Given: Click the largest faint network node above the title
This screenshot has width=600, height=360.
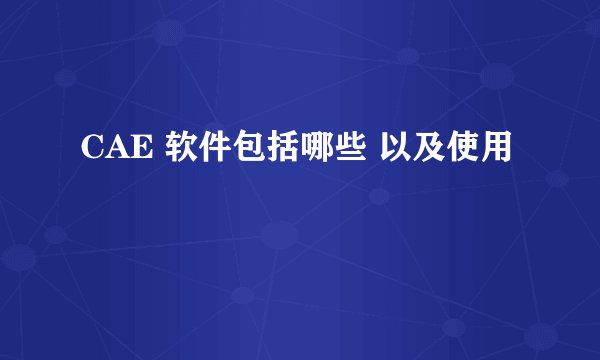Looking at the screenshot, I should click(x=497, y=76).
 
